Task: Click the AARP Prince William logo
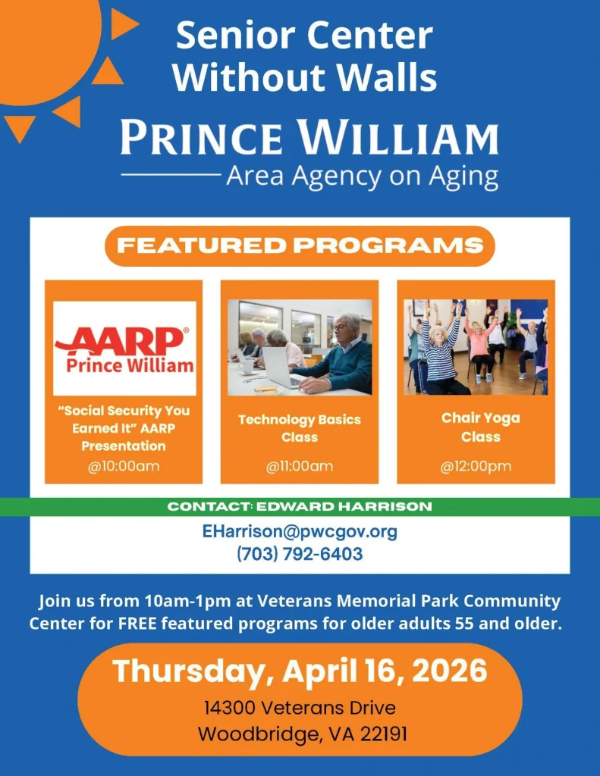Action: (x=124, y=348)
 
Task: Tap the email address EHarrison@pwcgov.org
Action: (x=300, y=531)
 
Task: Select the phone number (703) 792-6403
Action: (x=300, y=554)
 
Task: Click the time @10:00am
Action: (x=124, y=466)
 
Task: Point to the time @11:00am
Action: (x=300, y=466)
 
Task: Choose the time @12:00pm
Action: (x=476, y=466)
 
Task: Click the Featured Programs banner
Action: (x=300, y=246)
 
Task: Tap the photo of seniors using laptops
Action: (x=300, y=347)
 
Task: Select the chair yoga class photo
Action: (x=476, y=347)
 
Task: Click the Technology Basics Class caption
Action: (x=300, y=428)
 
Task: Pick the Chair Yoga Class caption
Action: (x=481, y=427)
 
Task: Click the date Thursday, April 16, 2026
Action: (x=300, y=671)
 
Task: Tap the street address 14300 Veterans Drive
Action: (x=300, y=708)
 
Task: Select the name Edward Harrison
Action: (x=344, y=507)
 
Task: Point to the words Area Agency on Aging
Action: (x=362, y=177)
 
